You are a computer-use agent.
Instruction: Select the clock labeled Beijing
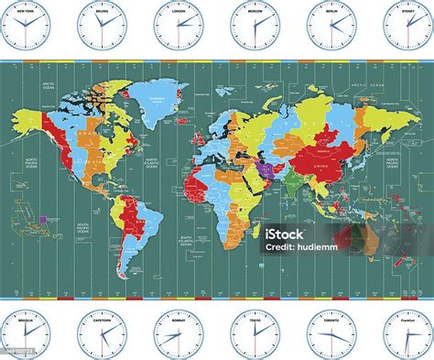(100, 27)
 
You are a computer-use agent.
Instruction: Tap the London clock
(177, 27)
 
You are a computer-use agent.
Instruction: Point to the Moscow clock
(254, 27)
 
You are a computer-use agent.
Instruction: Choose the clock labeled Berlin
(331, 27)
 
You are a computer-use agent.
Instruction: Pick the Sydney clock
(407, 27)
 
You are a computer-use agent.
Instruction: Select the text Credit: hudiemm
(302, 248)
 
